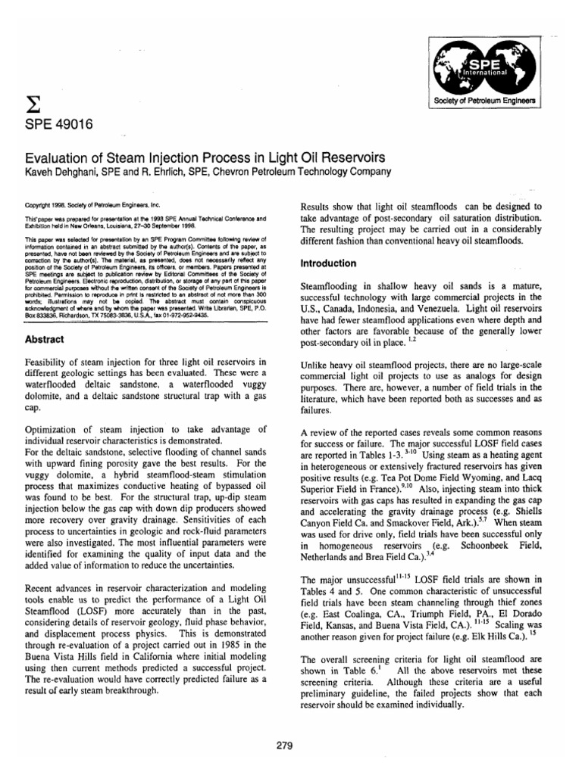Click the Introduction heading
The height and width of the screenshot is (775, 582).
tap(329, 264)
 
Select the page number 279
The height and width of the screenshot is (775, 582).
tap(284, 744)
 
